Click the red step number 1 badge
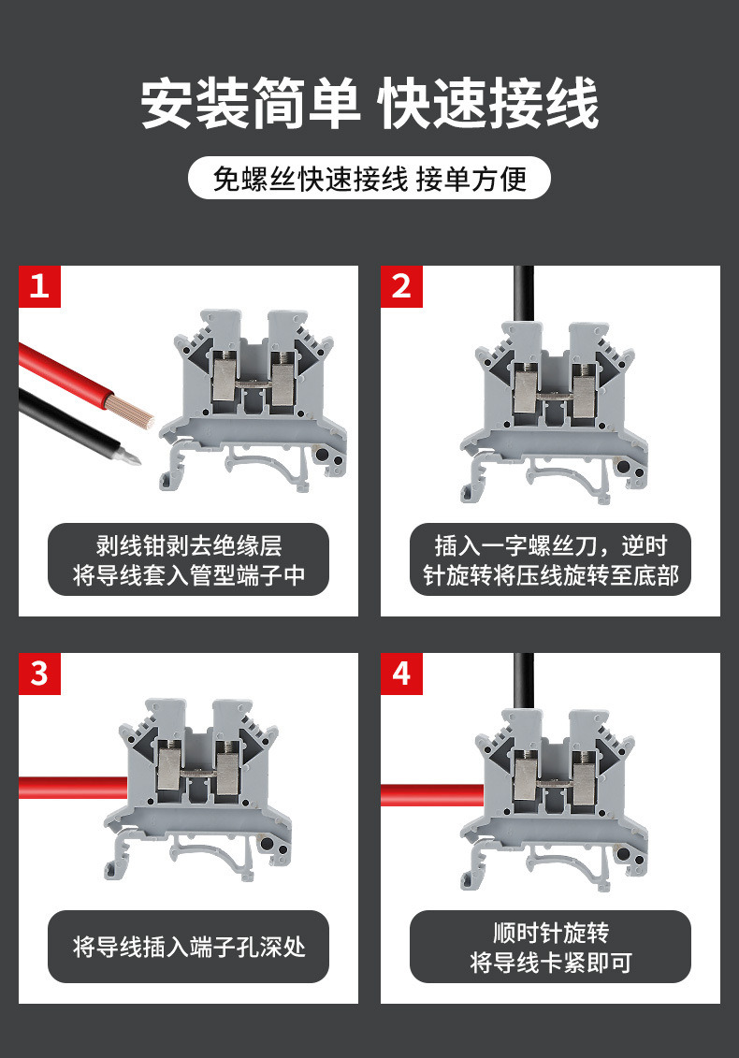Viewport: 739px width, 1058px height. coord(40,287)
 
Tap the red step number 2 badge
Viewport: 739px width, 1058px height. coord(401,287)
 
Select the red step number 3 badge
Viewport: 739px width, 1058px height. coord(40,674)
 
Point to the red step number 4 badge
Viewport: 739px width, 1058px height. coord(401,674)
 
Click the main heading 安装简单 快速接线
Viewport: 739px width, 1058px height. coord(369,103)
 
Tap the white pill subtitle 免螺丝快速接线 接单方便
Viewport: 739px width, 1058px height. coord(369,178)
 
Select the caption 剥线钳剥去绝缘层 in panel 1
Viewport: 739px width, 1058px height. coord(188,545)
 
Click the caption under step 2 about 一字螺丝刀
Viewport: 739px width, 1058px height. coord(550,559)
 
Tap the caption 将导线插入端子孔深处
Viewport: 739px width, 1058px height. coord(188,947)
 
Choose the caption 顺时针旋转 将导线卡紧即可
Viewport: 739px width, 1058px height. coord(550,947)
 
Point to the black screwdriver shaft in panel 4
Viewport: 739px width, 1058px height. coord(524,682)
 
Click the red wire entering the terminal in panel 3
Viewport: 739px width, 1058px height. coord(73,788)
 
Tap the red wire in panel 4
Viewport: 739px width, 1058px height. coord(432,795)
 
